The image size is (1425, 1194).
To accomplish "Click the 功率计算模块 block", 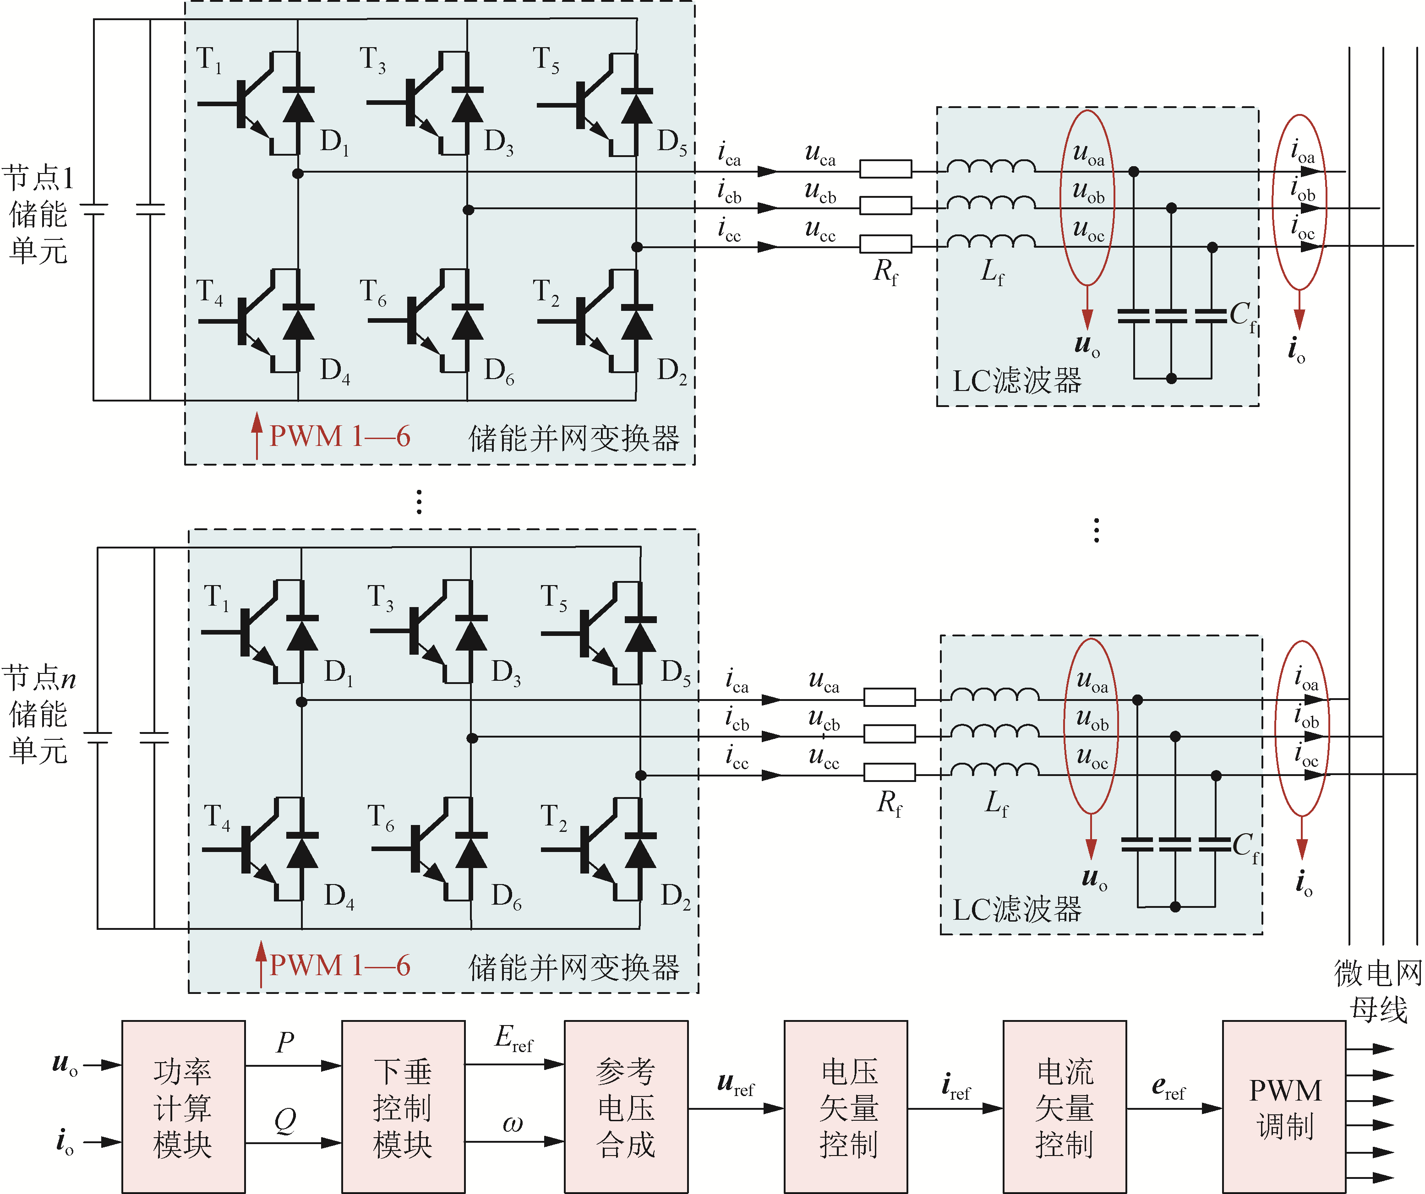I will pos(183,1108).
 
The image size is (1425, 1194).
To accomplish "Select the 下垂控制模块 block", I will pos(403,1108).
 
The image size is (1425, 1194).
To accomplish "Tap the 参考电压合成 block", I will pos(626,1108).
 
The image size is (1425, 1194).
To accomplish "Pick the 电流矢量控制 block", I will pos(1065,1108).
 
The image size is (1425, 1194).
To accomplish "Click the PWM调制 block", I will pos(1284,1108).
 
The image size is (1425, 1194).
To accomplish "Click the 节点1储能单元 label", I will pos(38,214).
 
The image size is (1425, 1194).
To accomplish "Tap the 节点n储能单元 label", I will pos(38,714).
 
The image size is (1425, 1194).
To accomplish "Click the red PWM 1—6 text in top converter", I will pos(340,436).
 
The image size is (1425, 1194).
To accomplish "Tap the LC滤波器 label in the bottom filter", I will pos(1016,910).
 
